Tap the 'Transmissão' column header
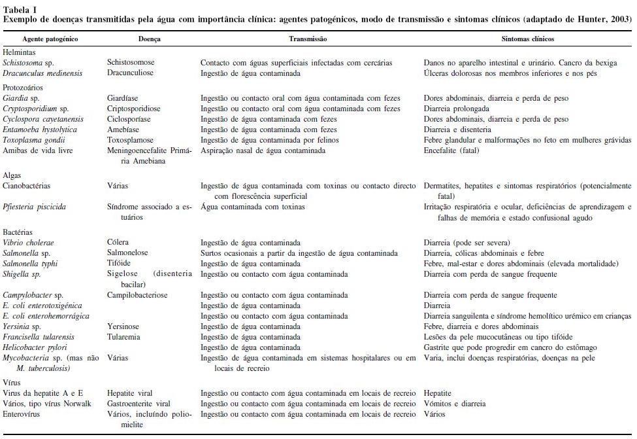click(308, 39)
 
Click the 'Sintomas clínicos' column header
click(528, 39)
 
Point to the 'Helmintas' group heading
click(20, 52)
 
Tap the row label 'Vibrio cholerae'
click(29, 243)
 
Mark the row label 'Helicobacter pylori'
click(35, 347)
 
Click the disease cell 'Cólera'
click(118, 243)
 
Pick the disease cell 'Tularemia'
click(123, 336)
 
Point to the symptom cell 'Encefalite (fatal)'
click(451, 150)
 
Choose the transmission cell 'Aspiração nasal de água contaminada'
click(263, 150)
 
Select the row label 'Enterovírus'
click(23, 414)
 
